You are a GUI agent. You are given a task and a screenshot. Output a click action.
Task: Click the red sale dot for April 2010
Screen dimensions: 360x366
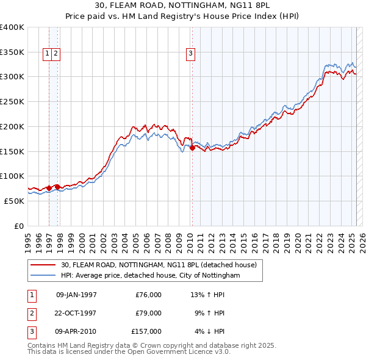point(192,148)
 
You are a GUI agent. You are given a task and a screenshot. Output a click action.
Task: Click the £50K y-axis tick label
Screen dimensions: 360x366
point(15,201)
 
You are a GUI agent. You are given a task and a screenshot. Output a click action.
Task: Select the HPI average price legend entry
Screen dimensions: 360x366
point(150,275)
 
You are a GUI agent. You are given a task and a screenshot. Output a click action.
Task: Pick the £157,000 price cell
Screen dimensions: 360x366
point(146,331)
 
